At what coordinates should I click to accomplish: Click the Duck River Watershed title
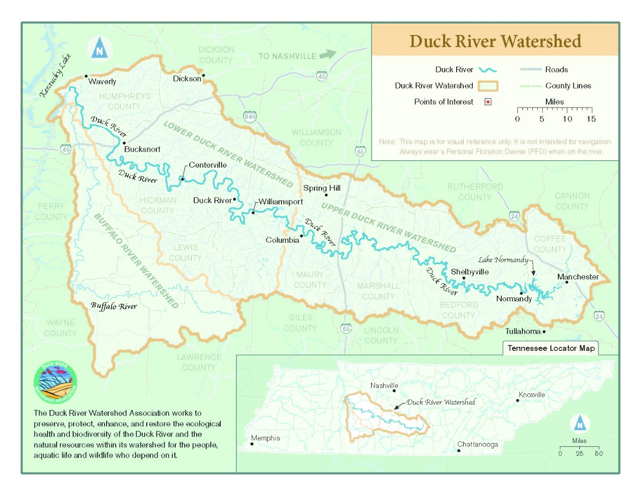point(495,41)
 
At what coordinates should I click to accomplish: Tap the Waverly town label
point(102,82)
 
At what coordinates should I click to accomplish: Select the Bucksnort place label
point(142,149)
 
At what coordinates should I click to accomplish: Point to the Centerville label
point(208,165)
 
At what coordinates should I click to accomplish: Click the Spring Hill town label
point(322,188)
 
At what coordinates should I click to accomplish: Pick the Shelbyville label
point(469,272)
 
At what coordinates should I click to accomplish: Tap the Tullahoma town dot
point(544,331)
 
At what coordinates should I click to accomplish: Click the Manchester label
point(577,277)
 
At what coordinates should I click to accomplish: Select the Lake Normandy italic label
point(502,260)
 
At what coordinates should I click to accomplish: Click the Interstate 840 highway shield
point(250,117)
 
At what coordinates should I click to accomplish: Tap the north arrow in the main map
point(99,49)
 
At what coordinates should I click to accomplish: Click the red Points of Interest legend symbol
point(488,102)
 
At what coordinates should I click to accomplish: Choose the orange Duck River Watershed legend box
point(487,86)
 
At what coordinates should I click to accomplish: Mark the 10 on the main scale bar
point(567,119)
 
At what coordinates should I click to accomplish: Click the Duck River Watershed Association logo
point(55,382)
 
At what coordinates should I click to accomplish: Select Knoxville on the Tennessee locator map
point(531,395)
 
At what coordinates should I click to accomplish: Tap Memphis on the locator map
point(265,438)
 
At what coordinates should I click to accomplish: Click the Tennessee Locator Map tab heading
point(551,348)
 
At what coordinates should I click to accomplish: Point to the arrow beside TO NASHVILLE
point(328,54)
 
